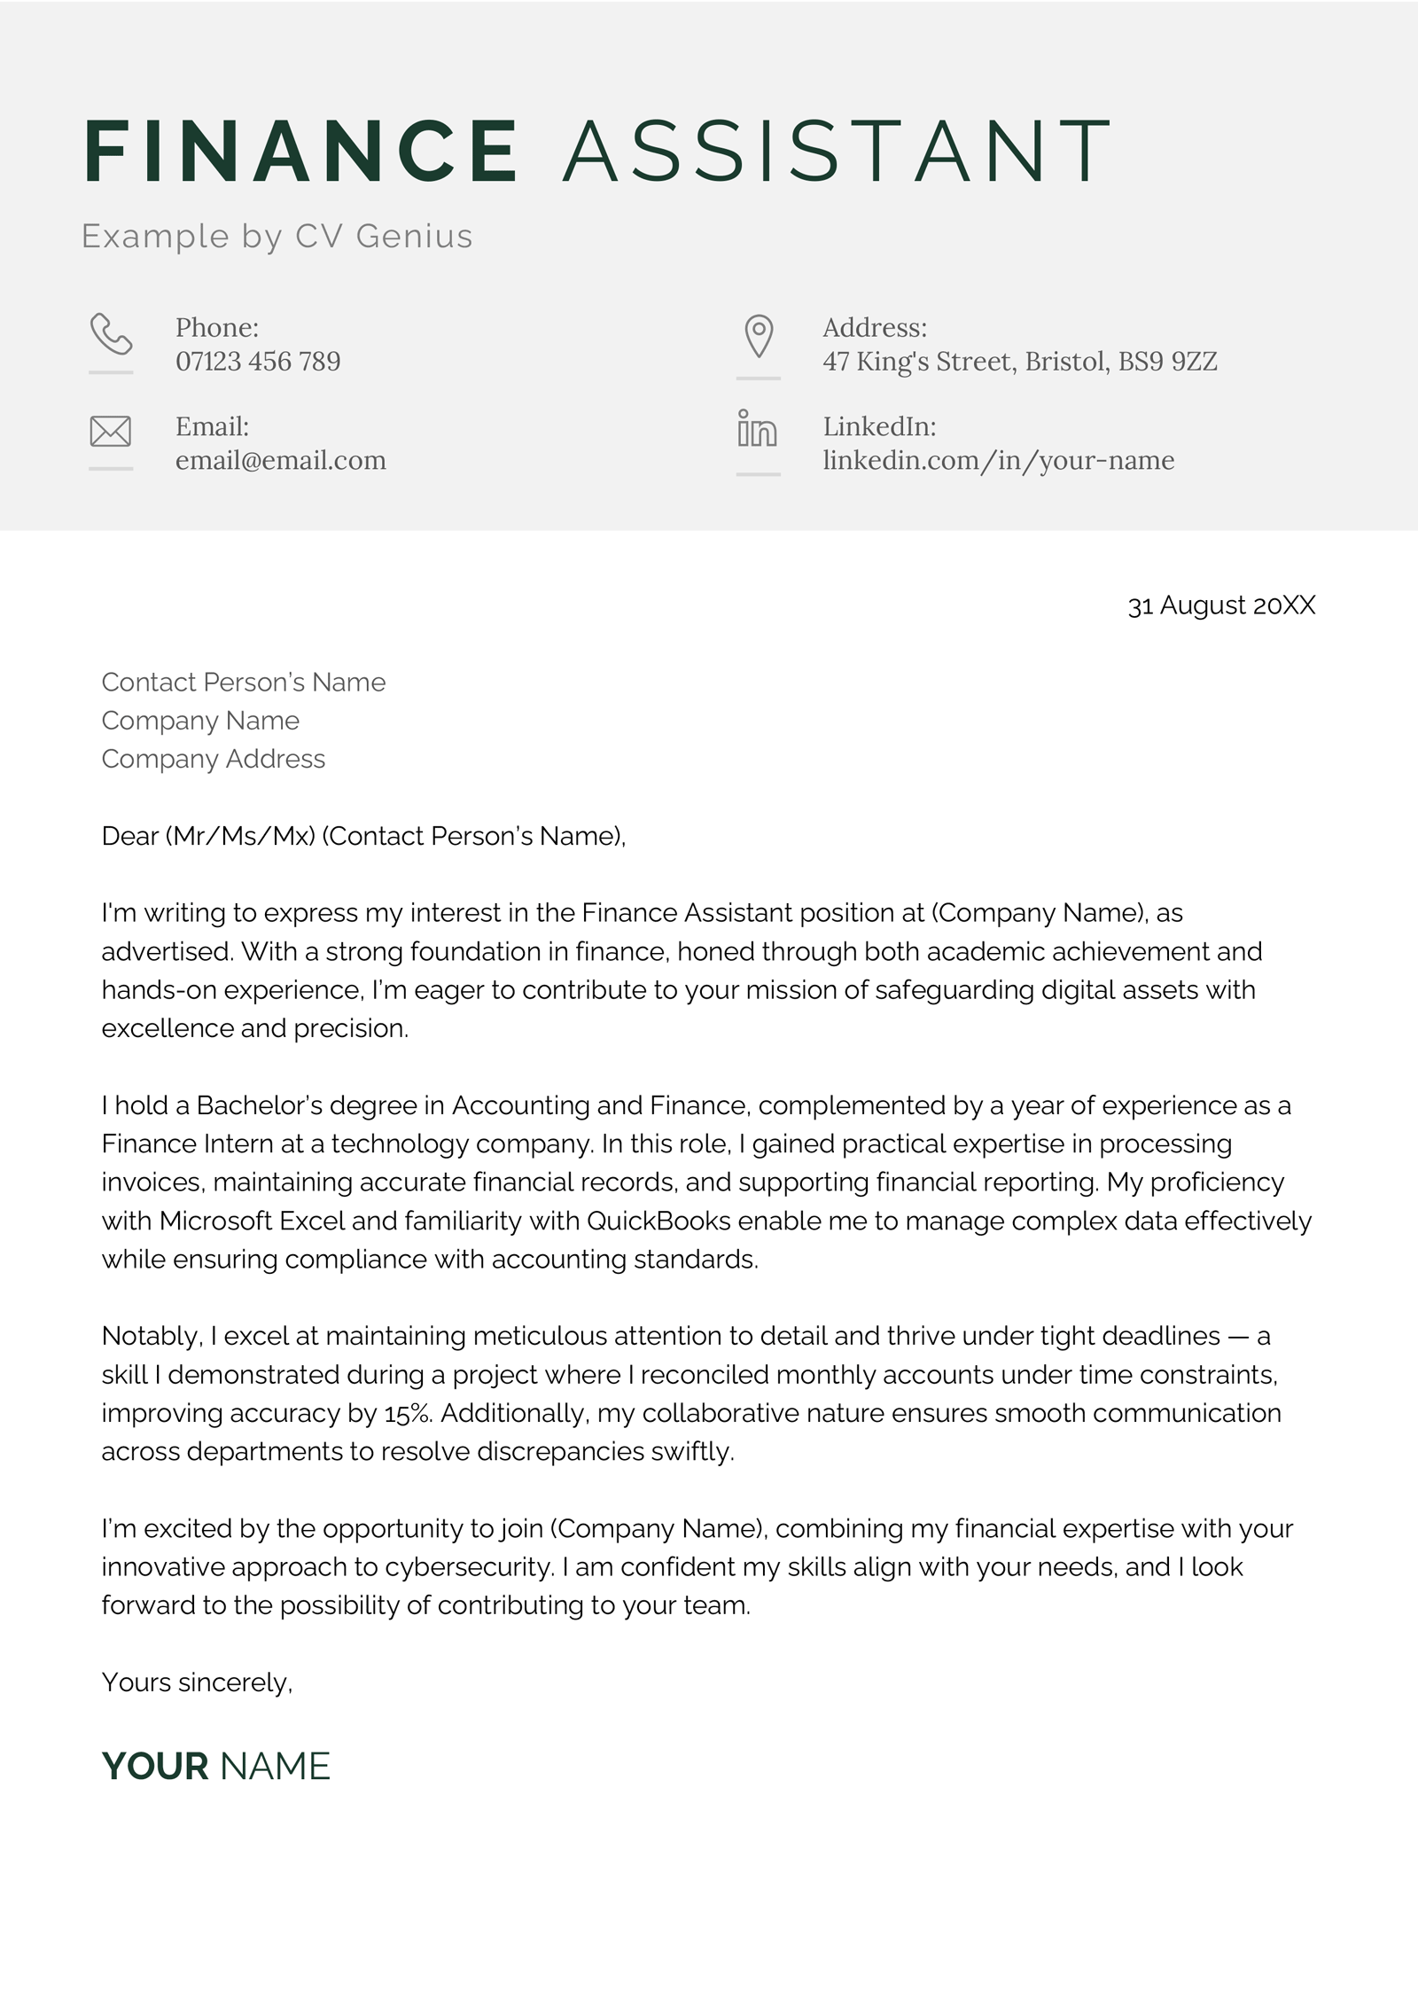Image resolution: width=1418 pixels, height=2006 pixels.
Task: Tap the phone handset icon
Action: [x=111, y=334]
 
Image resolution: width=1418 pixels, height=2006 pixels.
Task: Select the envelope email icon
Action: [x=111, y=432]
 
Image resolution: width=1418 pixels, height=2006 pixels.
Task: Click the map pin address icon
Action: [x=759, y=336]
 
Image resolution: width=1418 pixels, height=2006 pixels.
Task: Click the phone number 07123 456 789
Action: [x=258, y=362]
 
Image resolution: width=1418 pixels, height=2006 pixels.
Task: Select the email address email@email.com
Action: [x=281, y=461]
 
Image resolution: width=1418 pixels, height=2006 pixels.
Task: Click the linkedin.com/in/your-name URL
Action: [x=999, y=461]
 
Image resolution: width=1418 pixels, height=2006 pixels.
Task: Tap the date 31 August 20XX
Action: [x=1221, y=605]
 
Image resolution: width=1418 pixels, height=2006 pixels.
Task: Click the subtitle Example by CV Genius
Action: [x=277, y=237]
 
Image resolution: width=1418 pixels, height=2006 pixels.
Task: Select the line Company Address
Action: [x=214, y=759]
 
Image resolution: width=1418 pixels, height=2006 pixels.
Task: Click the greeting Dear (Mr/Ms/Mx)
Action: [x=208, y=836]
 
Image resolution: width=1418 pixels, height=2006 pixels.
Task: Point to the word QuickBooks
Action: [x=658, y=1221]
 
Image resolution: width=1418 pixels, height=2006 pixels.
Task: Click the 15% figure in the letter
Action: [x=408, y=1413]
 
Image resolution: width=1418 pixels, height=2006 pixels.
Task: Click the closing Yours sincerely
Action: [x=197, y=1682]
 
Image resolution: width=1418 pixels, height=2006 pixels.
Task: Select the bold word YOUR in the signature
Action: [x=155, y=1767]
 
